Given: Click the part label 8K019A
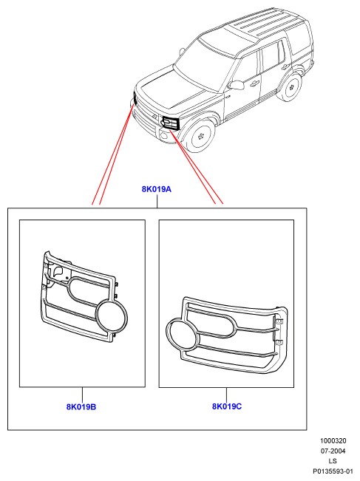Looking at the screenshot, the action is click(157, 189).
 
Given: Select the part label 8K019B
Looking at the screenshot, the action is click(81, 407).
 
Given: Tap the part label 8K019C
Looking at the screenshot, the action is click(227, 406).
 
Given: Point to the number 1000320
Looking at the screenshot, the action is click(333, 441).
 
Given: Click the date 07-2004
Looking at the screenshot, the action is click(333, 451).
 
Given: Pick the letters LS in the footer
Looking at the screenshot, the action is click(333, 461).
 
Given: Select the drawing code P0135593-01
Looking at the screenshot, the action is click(333, 471).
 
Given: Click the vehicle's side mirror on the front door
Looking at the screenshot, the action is click(237, 85).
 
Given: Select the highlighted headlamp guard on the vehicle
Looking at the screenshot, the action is click(171, 123).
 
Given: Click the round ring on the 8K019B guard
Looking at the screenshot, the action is click(112, 317).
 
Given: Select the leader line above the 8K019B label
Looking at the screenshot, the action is click(82, 395).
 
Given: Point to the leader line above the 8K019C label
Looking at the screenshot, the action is click(226, 395).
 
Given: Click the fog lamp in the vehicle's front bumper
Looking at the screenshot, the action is click(164, 134).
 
